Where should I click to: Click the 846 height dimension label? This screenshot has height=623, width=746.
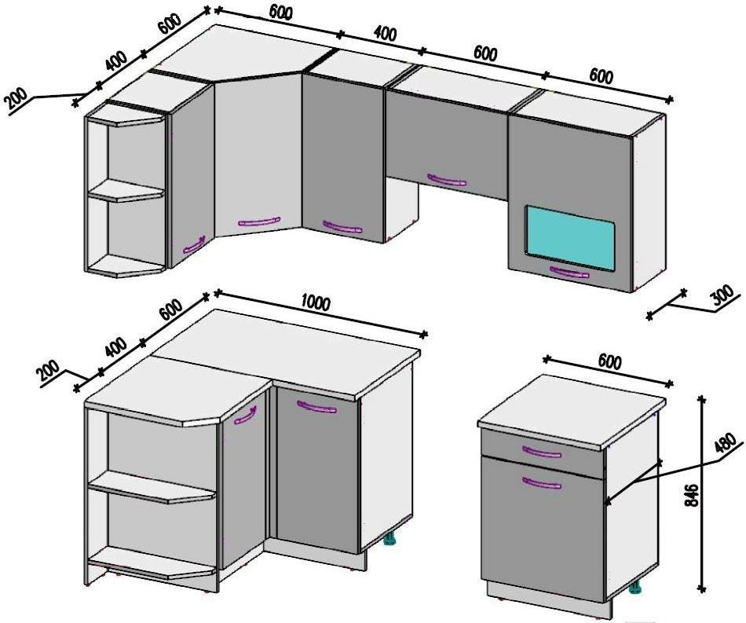[x=693, y=496]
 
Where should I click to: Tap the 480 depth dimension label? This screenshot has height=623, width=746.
[x=727, y=442]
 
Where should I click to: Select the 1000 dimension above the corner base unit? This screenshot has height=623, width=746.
[x=316, y=302]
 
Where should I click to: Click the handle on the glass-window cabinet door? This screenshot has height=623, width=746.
[x=569, y=273]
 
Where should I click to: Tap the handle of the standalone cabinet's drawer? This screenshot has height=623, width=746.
[x=541, y=451]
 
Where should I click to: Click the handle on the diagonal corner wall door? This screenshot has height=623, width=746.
[x=259, y=222]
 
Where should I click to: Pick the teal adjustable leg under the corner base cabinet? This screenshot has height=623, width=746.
[x=390, y=538]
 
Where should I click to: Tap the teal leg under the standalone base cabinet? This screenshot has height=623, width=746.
[x=634, y=588]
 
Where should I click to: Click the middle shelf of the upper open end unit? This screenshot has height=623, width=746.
[x=127, y=191]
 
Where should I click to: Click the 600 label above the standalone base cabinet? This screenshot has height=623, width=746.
[x=609, y=363]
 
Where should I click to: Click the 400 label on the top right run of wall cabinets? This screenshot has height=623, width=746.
[x=385, y=34]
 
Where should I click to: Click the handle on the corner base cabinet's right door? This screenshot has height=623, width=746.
[x=316, y=408]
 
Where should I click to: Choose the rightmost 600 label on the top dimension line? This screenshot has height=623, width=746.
[x=602, y=75]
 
